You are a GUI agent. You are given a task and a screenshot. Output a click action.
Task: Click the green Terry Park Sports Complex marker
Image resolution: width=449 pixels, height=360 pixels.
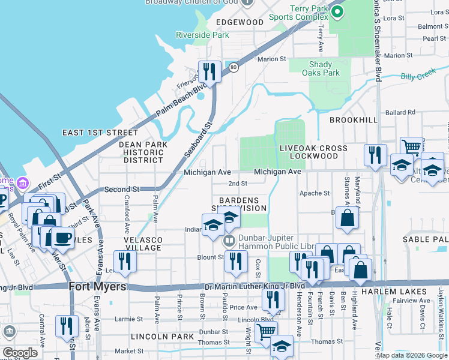tap(337, 11)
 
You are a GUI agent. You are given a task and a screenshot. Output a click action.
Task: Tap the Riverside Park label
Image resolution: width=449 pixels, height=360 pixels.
tap(202, 35)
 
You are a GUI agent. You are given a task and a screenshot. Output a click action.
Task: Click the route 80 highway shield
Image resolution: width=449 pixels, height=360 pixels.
tap(234, 68)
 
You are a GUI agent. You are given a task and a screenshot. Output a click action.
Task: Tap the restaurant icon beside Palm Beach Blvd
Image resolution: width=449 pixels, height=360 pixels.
tap(209, 71)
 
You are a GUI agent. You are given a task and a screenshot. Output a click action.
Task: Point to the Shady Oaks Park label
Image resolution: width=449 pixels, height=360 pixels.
tap(324, 68)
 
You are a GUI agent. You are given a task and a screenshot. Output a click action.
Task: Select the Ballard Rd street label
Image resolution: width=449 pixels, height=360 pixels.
tap(400, 112)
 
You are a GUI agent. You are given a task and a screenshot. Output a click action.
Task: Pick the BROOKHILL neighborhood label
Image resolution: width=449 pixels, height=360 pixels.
tap(354, 120)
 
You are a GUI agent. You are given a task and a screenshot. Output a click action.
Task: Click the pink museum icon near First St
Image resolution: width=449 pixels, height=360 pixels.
tap(22, 182)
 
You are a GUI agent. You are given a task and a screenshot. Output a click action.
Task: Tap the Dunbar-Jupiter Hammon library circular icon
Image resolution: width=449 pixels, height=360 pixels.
tap(229, 241)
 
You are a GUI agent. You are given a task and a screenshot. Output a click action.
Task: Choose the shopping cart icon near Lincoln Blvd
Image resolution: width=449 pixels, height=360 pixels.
tap(265, 331)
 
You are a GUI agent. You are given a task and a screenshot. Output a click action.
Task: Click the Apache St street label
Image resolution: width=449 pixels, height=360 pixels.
tap(315, 193)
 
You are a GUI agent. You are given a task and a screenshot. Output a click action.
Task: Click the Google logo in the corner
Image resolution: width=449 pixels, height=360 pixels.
tap(20, 352)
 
